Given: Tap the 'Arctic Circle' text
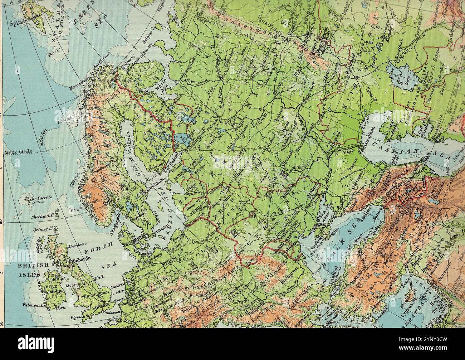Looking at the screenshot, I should click(18, 152).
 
